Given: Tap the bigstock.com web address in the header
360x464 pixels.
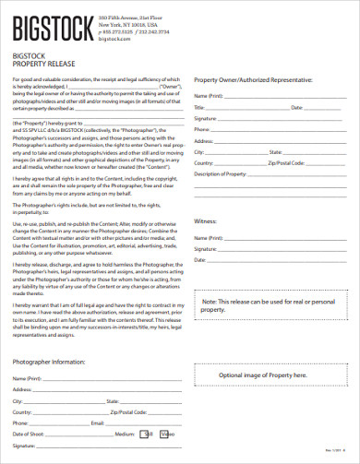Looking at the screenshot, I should tap(112, 40).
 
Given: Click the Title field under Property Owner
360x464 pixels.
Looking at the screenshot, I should tap(235, 107).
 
